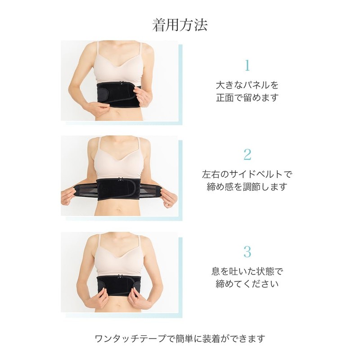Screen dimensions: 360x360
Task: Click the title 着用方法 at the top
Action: tap(180, 25)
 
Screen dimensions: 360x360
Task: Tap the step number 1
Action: tap(247, 66)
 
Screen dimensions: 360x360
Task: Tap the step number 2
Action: tap(247, 154)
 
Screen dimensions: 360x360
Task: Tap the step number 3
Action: tap(247, 251)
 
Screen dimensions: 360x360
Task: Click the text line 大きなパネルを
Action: tap(247, 85)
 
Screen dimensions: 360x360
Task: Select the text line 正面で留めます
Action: tap(247, 97)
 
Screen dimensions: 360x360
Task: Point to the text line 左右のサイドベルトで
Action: tap(247, 174)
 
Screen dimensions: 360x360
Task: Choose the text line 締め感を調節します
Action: tap(247, 187)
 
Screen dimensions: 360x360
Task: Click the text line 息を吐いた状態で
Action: tap(247, 271)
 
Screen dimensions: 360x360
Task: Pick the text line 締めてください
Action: tap(247, 284)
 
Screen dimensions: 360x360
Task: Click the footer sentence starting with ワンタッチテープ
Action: tap(180, 338)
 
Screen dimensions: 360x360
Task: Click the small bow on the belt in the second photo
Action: tap(120, 180)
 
